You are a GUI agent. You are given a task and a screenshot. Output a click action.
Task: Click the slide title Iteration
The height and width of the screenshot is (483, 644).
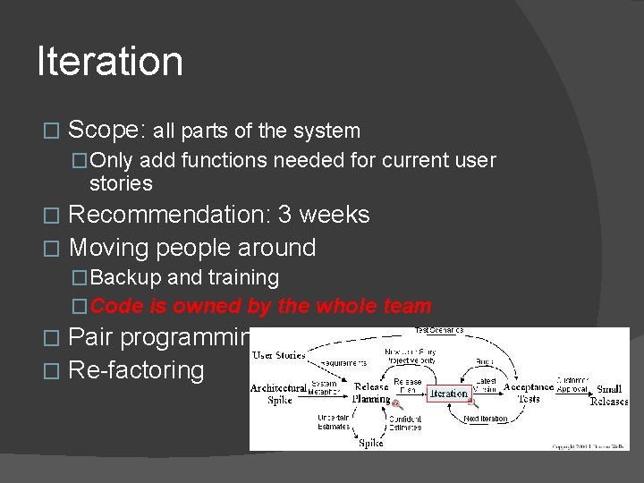(110, 62)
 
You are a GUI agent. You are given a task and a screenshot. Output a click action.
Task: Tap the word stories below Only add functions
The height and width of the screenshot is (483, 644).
(121, 183)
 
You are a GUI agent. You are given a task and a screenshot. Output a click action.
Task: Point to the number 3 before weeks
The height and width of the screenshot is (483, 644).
(284, 215)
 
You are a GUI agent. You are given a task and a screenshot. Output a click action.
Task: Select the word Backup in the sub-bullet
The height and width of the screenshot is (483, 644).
(123, 278)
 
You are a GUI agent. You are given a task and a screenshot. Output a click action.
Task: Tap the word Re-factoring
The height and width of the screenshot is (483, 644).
(136, 370)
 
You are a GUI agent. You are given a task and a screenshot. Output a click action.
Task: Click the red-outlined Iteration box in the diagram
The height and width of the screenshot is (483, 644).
(448, 393)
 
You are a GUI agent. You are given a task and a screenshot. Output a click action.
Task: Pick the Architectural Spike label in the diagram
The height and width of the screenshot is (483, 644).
(278, 394)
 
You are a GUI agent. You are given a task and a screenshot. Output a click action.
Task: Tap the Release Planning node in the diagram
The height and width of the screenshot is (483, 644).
(371, 393)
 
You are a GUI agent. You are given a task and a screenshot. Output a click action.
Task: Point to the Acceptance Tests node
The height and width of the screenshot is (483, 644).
(528, 393)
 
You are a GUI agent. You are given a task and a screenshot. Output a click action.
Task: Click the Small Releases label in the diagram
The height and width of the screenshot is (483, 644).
(609, 394)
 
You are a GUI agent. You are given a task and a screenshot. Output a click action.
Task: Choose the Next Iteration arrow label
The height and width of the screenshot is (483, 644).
(486, 418)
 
